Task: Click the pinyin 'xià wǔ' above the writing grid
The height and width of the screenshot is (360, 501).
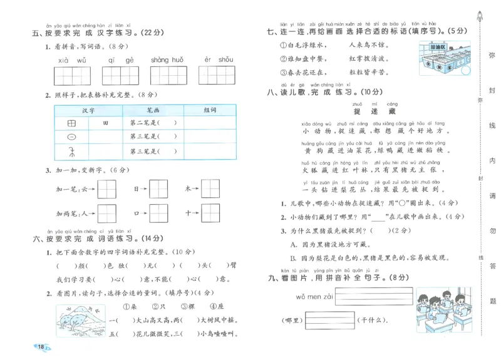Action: (72, 60)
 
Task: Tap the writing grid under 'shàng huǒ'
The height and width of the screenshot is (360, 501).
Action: (167, 75)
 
